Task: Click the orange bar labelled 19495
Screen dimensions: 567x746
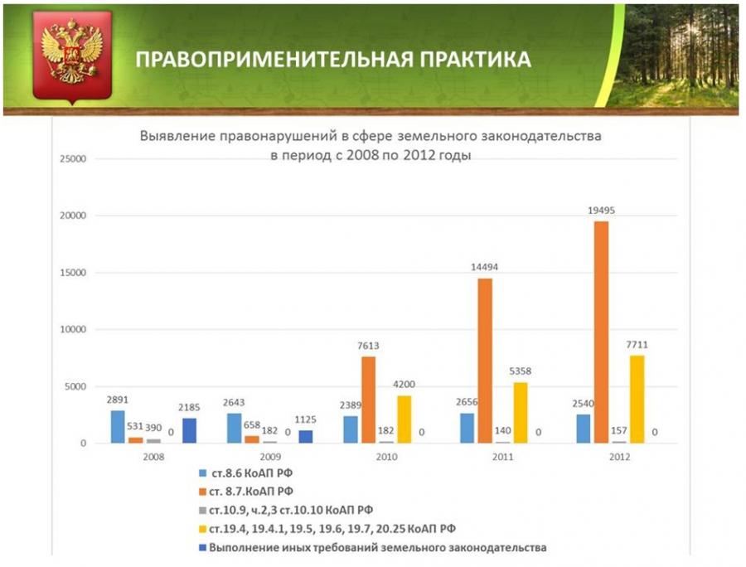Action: [601, 332]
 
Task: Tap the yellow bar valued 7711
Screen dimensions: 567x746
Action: [637, 399]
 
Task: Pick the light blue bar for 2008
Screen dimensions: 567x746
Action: [119, 427]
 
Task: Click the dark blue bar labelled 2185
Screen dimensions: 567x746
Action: [188, 431]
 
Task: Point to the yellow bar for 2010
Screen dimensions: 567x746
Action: [403, 419]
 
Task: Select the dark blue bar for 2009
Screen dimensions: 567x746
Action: [305, 437]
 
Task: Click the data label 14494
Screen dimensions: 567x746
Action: [484, 267]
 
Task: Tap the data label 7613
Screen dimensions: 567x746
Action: [368, 345]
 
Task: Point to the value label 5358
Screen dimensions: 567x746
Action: [520, 371]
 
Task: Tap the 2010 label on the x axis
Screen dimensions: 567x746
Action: [386, 457]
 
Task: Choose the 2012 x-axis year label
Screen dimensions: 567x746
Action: [618, 457]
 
